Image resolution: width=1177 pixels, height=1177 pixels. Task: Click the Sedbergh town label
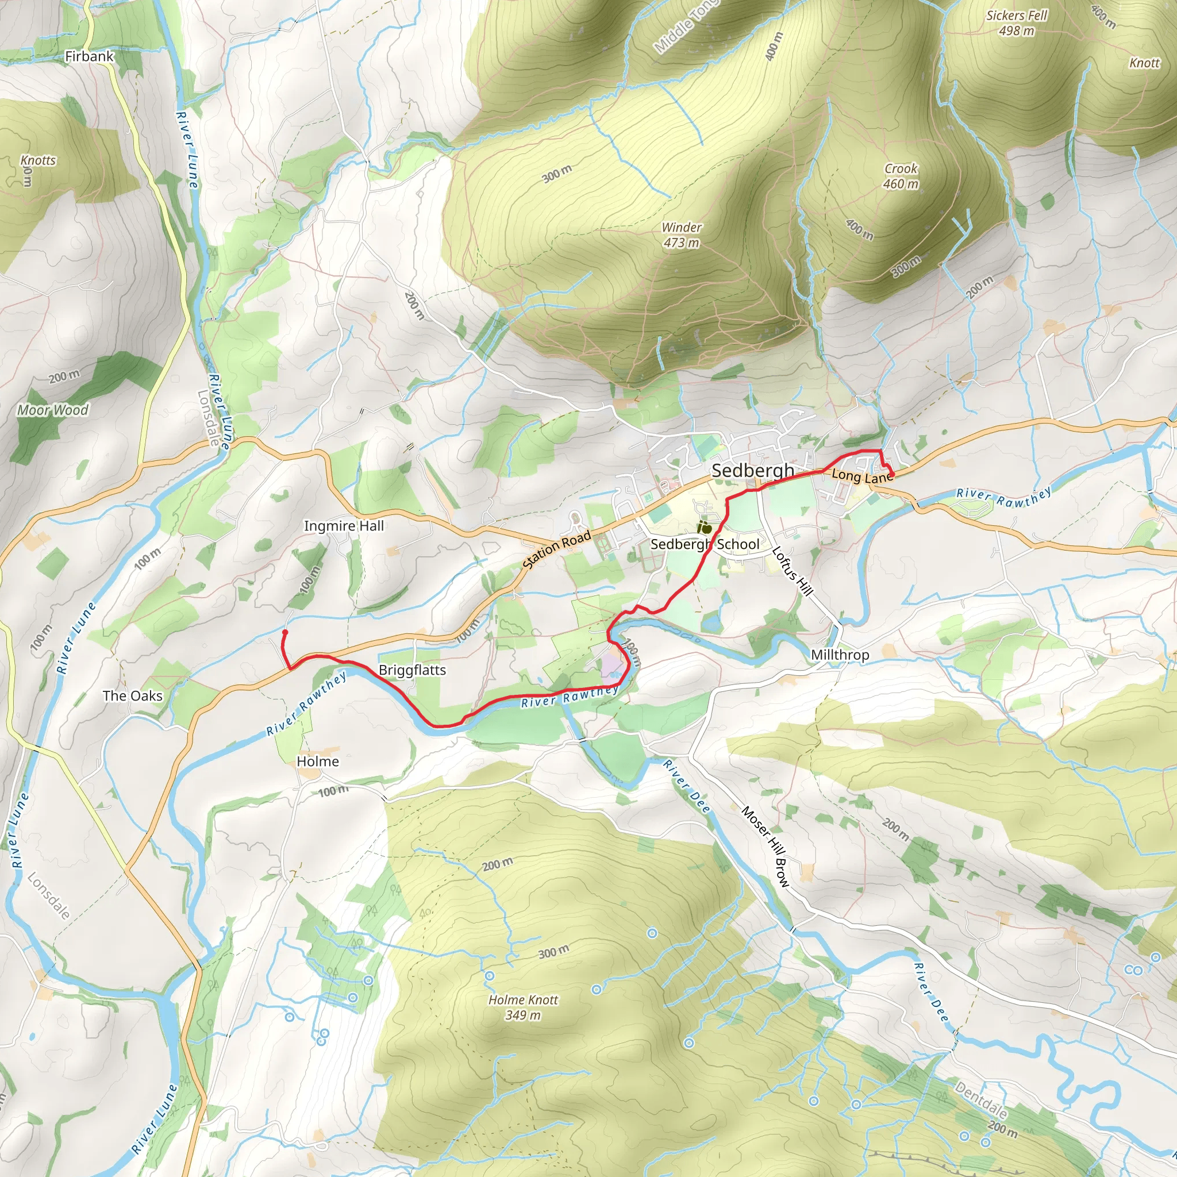(752, 470)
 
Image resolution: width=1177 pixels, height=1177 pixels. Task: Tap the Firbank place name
(90, 57)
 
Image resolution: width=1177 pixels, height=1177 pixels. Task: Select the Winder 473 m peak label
(682, 235)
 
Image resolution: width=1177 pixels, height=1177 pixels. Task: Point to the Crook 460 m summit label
(901, 176)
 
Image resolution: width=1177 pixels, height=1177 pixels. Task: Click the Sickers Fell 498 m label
(1016, 23)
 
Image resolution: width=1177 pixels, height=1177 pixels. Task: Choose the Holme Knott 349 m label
(523, 1007)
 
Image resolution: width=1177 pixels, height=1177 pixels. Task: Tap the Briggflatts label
(412, 670)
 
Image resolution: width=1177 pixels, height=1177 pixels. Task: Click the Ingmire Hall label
(344, 526)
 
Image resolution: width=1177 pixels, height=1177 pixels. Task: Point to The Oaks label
(132, 696)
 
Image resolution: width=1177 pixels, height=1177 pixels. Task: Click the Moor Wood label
(52, 410)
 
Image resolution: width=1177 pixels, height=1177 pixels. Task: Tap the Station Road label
(557, 549)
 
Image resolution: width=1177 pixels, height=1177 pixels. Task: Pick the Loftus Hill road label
(792, 571)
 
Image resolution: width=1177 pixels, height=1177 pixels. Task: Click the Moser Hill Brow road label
(765, 845)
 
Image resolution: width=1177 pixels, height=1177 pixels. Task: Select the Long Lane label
(861, 476)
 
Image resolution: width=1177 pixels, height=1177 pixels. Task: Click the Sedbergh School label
(705, 544)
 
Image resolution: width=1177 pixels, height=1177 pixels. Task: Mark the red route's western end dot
(284, 633)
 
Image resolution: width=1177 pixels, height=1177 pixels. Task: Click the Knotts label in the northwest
(38, 161)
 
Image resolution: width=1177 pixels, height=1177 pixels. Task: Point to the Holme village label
(317, 761)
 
